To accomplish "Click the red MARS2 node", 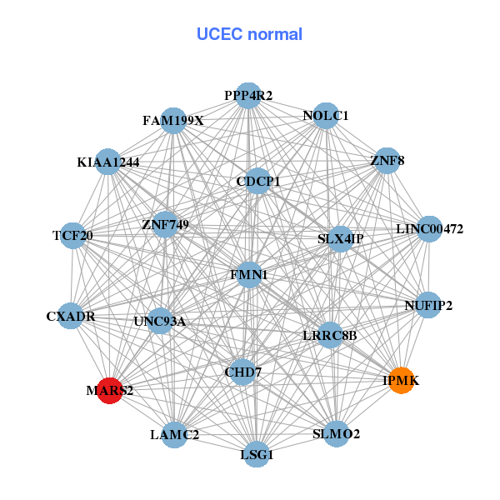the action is [x=110, y=389].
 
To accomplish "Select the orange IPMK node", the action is [x=402, y=380].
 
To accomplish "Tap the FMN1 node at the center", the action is [x=250, y=274].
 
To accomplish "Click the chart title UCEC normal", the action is [x=249, y=34].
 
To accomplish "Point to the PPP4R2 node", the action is [x=247, y=96].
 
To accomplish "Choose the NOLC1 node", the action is [x=326, y=115].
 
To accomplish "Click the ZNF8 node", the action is [x=387, y=160].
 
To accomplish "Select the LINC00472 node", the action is [x=428, y=228].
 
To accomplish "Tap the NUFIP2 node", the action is [x=428, y=305].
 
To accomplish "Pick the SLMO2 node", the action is [x=336, y=434].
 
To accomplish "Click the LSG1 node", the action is [x=257, y=454].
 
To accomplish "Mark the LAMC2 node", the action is [x=174, y=434].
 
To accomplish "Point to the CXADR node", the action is [x=72, y=317].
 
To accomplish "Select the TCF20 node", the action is [x=72, y=235].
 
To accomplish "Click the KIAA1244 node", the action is [x=108, y=162].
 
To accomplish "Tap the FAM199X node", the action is [x=172, y=121].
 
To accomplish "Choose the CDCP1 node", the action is [x=257, y=181].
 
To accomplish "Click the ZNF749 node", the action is [x=165, y=223].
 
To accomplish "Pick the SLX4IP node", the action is [x=340, y=238].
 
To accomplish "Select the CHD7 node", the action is [x=242, y=372].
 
